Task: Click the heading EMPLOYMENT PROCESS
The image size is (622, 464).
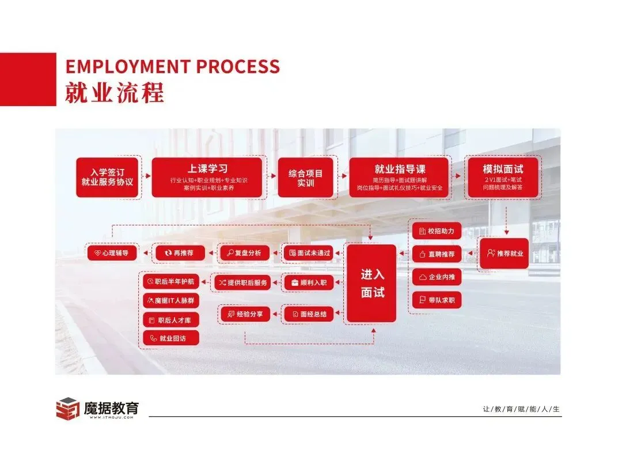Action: pos(172,66)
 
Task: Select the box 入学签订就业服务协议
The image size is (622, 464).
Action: pos(107,177)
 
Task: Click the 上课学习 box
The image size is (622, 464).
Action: pos(208,177)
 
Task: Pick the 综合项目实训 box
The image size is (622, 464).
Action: pos(305,177)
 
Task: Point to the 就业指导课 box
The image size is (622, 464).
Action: pos(399,177)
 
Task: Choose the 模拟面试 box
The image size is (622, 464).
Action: pos(503,177)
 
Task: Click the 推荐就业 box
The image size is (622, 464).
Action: pos(504,253)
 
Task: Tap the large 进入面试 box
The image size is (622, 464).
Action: pos(371,283)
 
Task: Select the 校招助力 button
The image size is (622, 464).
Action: pos(437,231)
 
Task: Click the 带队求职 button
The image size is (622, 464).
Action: pos(437,300)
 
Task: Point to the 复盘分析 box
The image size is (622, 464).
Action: pos(244,252)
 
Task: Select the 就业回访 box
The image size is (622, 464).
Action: pos(171,338)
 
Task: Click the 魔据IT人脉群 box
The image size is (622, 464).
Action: pos(171,300)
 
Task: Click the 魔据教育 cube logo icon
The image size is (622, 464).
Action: pos(67,409)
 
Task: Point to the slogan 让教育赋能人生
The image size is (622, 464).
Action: pos(521,409)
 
